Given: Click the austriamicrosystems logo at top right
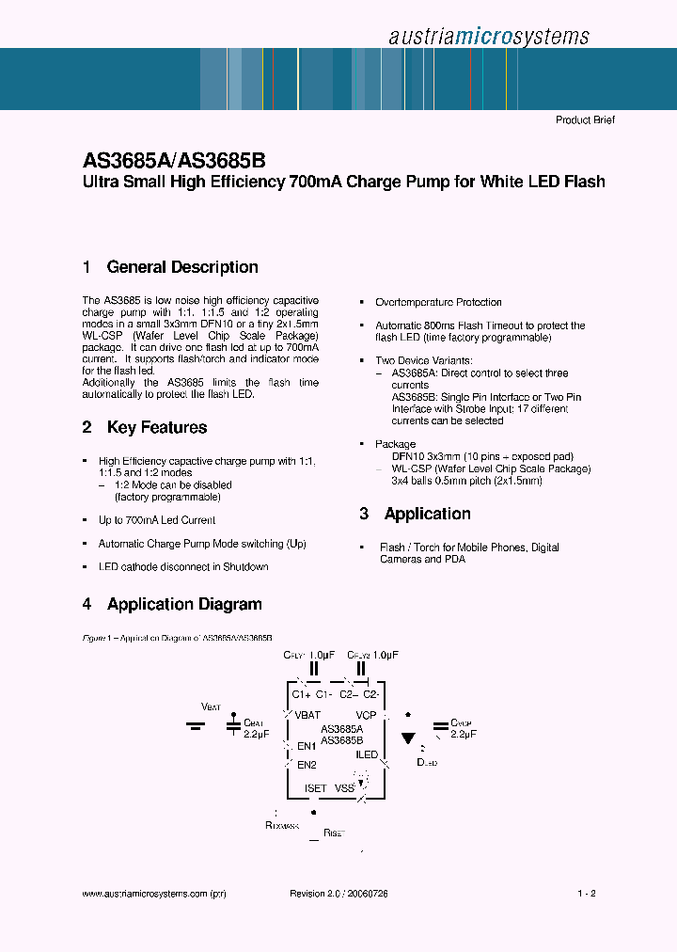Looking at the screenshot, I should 488,36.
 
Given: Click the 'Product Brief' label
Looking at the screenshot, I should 585,120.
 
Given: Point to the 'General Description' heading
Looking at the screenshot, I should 182,267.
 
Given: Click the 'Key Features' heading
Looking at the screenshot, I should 157,427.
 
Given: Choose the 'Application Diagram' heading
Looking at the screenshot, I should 184,604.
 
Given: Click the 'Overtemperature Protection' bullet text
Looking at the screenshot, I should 438,302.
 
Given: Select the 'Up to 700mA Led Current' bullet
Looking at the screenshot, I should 157,520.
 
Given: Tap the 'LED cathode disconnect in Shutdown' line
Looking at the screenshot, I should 183,567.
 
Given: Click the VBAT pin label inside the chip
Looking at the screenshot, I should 307,715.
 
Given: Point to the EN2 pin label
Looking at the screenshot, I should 307,765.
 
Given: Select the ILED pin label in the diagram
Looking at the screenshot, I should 366,754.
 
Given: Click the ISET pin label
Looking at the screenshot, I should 315,788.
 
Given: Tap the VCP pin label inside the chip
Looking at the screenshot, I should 366,715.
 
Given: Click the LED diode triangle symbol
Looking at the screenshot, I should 408,738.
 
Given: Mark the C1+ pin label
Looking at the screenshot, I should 301,694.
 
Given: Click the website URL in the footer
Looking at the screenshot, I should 154,894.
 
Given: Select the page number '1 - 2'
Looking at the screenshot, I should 586,894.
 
